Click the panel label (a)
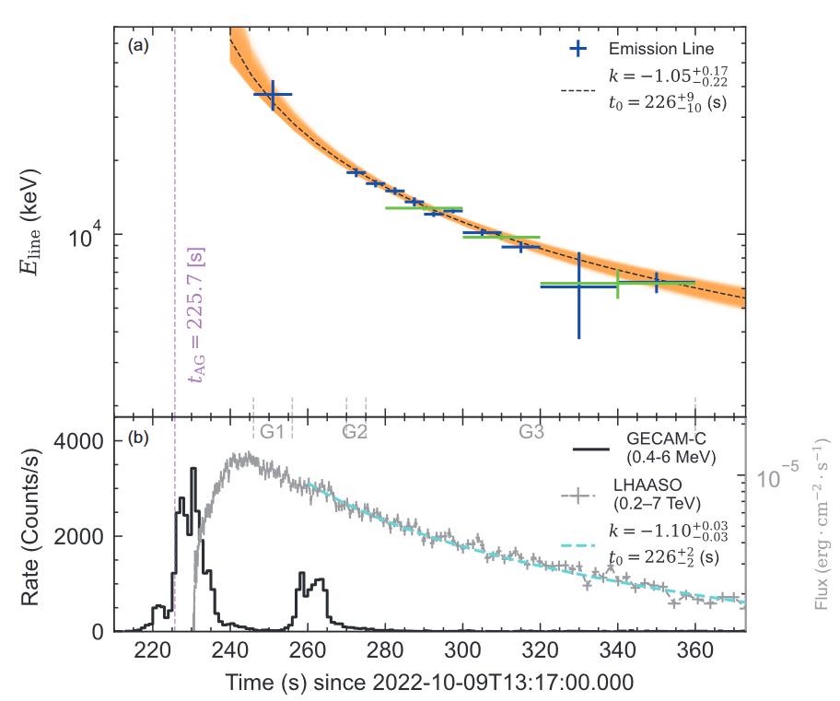(x=138, y=44)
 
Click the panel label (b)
(x=139, y=438)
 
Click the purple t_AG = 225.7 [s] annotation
(x=195, y=314)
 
